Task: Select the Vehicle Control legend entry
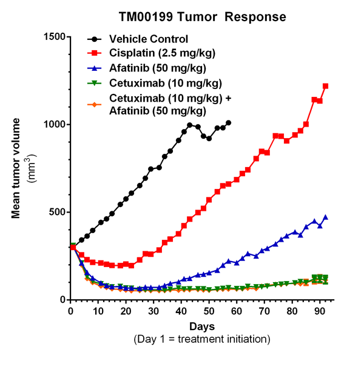point(146,39)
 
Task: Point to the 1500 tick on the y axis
point(54,37)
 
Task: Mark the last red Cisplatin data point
point(326,86)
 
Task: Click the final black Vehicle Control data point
point(228,122)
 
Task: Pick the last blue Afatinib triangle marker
point(326,217)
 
